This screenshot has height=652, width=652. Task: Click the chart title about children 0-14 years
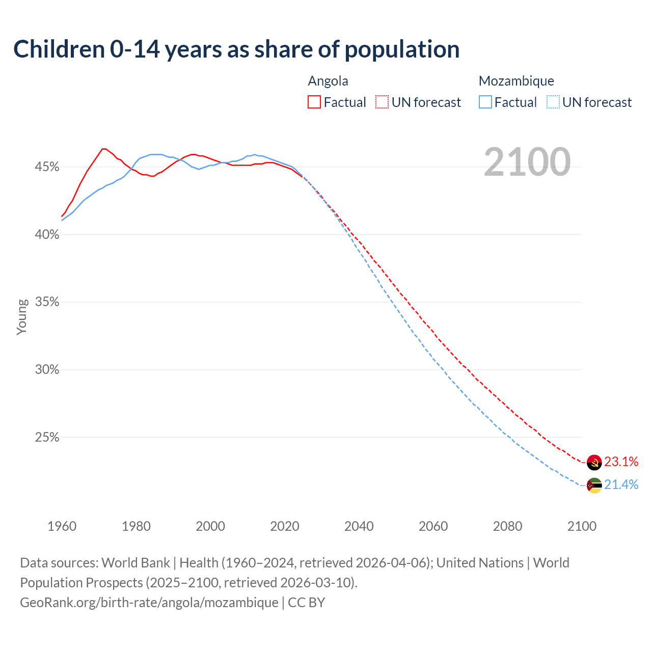pyautogui.click(x=236, y=49)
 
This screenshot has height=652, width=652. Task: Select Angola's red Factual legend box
pyautogui.click(x=314, y=102)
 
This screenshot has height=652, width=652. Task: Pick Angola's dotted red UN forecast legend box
pyautogui.click(x=382, y=102)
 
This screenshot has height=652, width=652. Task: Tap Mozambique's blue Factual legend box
pyautogui.click(x=485, y=102)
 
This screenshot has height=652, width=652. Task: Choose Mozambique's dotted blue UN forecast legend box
pyautogui.click(x=553, y=102)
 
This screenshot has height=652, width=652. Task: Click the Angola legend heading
pyautogui.click(x=328, y=81)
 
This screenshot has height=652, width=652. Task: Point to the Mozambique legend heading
pyautogui.click(x=516, y=81)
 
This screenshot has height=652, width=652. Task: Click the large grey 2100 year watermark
pyautogui.click(x=527, y=162)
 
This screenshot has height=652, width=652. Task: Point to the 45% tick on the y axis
pyautogui.click(x=47, y=167)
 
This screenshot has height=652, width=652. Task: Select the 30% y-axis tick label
pyautogui.click(x=47, y=370)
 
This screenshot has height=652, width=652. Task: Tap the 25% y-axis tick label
pyautogui.click(x=47, y=438)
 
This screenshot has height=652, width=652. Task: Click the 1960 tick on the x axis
pyautogui.click(x=62, y=526)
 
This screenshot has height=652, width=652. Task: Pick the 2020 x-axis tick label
pyautogui.click(x=285, y=526)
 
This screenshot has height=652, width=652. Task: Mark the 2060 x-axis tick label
pyautogui.click(x=433, y=526)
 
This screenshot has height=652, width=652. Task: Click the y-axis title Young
pyautogui.click(x=22, y=317)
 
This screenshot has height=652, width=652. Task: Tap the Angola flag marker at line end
pyautogui.click(x=594, y=463)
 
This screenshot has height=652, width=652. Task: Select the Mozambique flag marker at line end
pyautogui.click(x=594, y=485)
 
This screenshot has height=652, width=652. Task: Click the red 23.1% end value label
pyautogui.click(x=621, y=462)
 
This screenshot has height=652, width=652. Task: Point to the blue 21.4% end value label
pyautogui.click(x=621, y=485)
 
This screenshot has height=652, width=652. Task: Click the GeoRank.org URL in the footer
pyautogui.click(x=149, y=603)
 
